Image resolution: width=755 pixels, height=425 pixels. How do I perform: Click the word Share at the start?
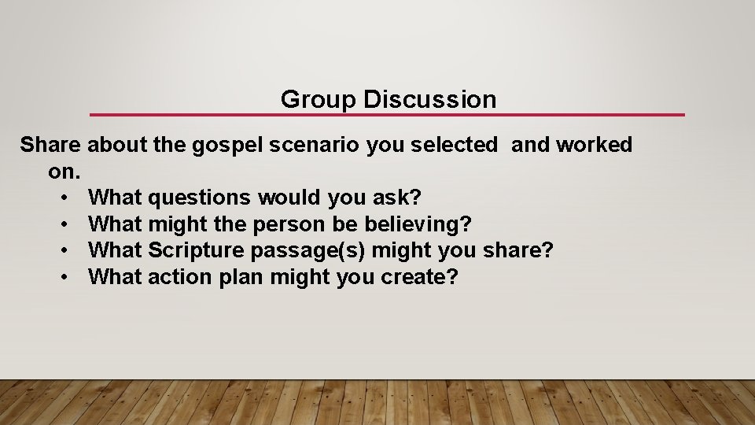point(50,145)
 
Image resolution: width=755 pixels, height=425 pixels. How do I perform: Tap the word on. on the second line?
point(64,171)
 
